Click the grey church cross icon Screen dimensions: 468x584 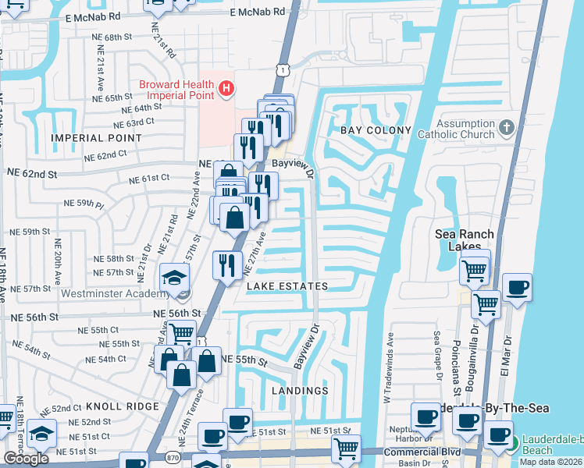point(507,127)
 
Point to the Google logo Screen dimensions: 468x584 point(26,459)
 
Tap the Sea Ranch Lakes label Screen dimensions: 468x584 point(465,240)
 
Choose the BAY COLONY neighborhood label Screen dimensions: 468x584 point(376,130)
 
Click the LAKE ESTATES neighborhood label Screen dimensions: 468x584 point(287,287)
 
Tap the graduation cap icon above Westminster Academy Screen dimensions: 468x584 point(173,276)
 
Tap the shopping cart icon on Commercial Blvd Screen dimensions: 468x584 point(346,448)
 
